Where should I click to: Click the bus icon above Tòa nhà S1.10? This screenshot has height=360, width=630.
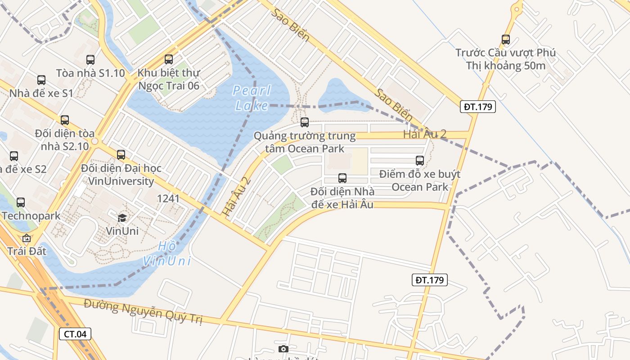(x=90, y=59)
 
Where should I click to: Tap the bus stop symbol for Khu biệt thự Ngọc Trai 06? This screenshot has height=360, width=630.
(x=169, y=59)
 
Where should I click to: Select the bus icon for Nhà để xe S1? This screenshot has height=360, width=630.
(x=41, y=80)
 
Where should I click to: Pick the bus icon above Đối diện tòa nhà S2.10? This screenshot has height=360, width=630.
(x=65, y=120)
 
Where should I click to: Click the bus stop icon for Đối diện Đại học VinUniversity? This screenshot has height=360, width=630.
(x=121, y=155)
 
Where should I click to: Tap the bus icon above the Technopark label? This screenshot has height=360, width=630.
(x=21, y=202)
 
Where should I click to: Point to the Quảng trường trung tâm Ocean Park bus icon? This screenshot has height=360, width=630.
(x=305, y=122)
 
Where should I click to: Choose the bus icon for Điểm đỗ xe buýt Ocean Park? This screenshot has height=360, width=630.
(x=420, y=160)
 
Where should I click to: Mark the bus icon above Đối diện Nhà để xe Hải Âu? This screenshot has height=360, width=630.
(x=342, y=178)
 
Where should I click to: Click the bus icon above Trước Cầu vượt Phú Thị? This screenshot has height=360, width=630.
(x=506, y=40)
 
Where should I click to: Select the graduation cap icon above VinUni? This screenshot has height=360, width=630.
(x=122, y=218)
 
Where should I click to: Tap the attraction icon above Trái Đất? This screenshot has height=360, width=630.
(x=27, y=238)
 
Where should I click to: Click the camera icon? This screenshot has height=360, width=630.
(x=283, y=349)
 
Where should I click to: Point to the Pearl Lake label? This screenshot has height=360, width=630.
(x=252, y=98)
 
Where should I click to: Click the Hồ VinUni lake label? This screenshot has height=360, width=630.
(x=167, y=254)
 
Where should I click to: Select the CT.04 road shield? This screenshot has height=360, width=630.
(x=75, y=334)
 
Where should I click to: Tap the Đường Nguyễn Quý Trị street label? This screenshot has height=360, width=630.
(x=143, y=311)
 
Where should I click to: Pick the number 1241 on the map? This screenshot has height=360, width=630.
(x=168, y=198)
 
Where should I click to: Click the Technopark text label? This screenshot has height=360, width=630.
(x=31, y=216)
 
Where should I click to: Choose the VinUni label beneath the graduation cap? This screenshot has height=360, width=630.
(x=122, y=231)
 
